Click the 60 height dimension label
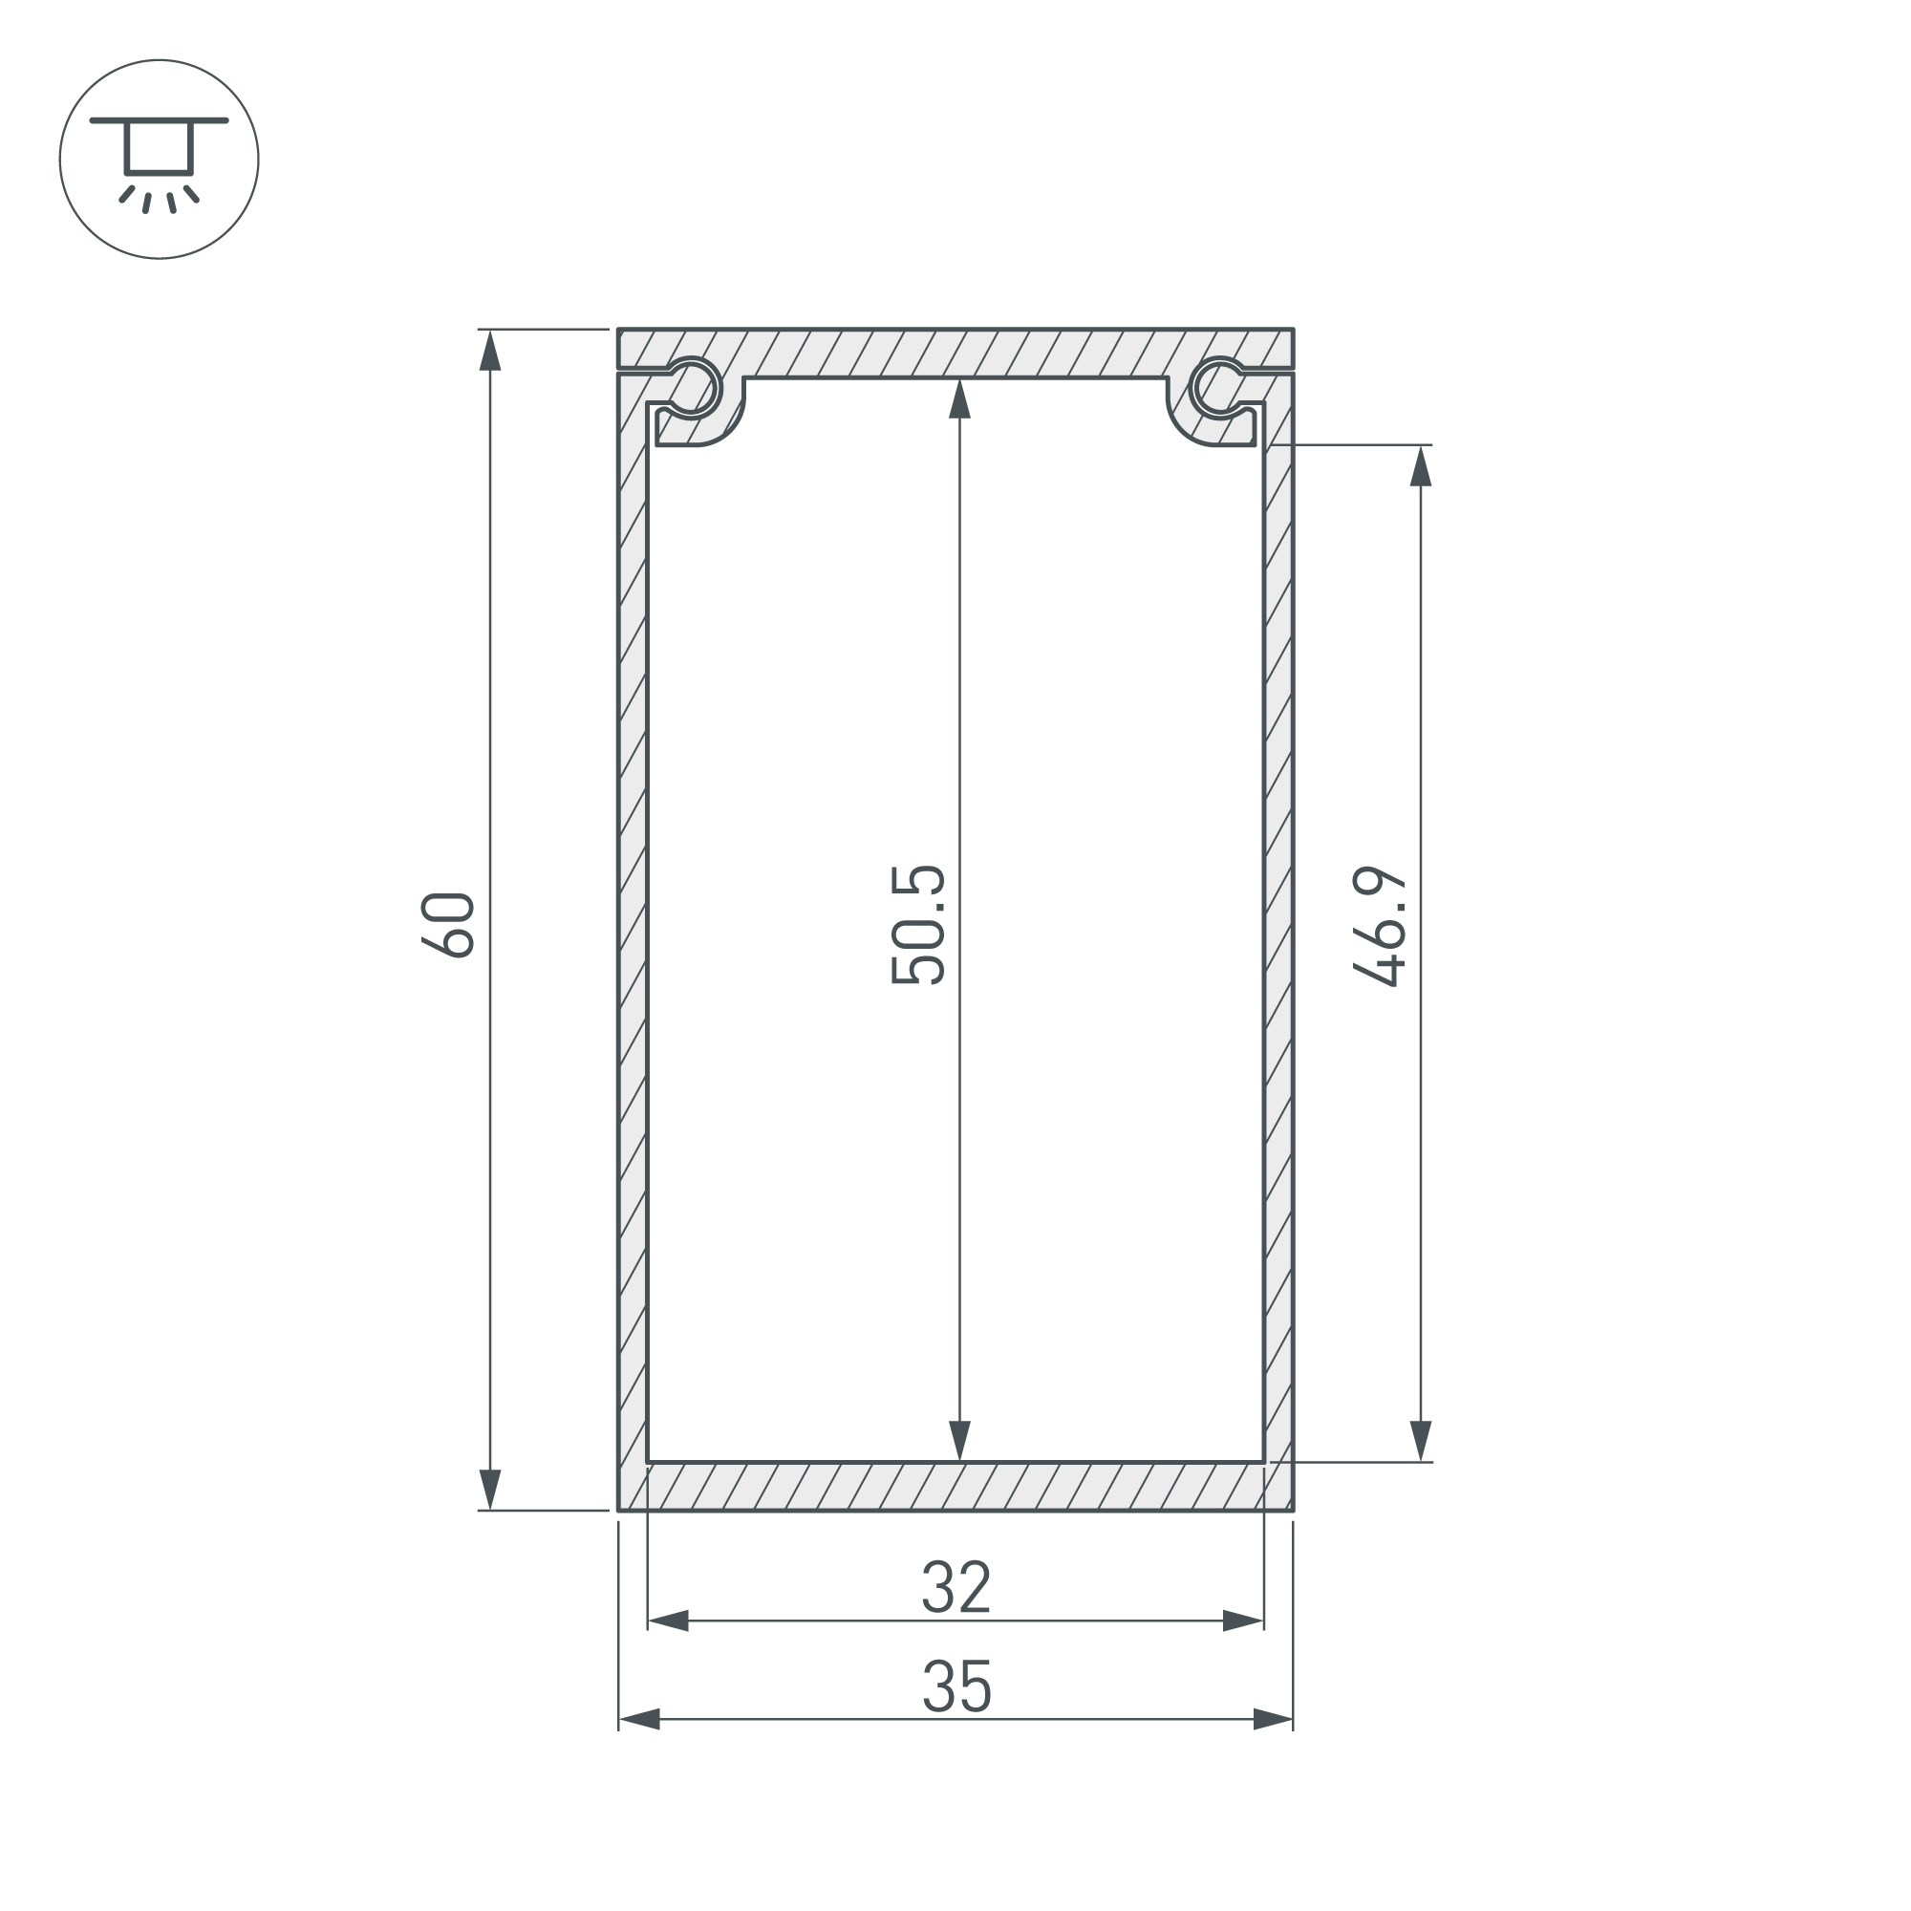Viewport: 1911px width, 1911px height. [448, 925]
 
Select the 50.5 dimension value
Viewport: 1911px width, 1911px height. [918, 925]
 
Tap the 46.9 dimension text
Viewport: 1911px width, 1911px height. [1379, 927]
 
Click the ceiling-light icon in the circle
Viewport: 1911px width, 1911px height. [160, 160]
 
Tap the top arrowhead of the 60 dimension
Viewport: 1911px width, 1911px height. [490, 350]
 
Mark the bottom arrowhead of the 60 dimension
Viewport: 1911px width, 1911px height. [490, 1490]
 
